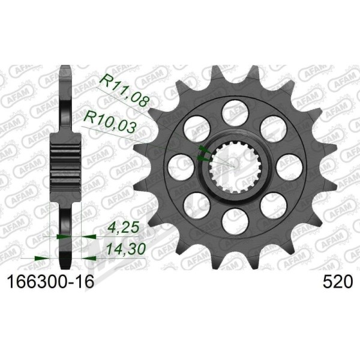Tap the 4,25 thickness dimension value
pyautogui.click(x=123, y=228)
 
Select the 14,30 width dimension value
pyautogui.click(x=126, y=250)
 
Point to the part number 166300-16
pyautogui.click(x=51, y=281)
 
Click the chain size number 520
pyautogui.click(x=337, y=281)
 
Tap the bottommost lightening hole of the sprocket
pyautogui.click(x=235, y=221)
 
